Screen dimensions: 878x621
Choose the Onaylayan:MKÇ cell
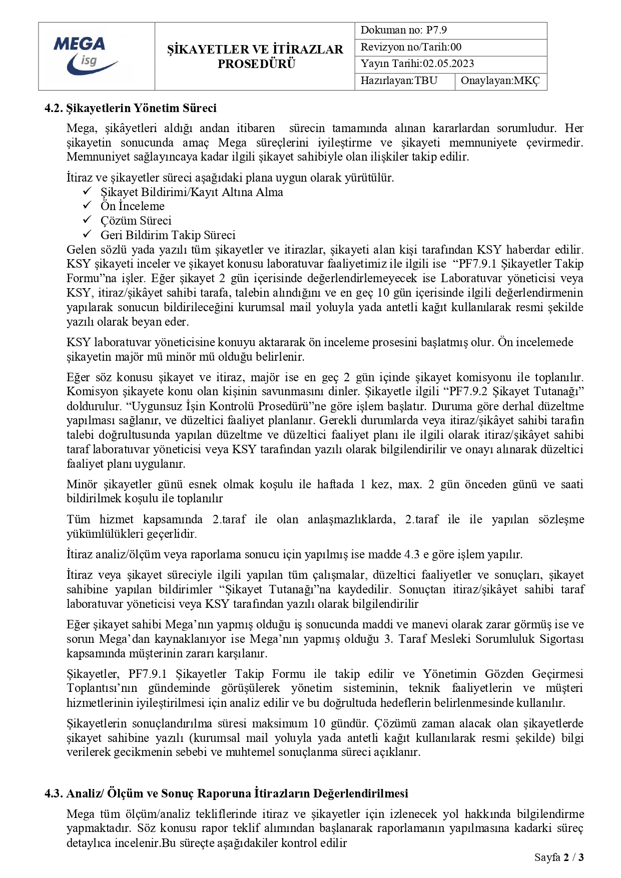(500, 81)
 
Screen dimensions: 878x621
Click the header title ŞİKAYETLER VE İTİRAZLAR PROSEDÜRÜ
(255, 57)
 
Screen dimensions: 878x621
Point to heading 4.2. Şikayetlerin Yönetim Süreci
(131, 109)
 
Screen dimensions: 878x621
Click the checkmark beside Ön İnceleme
(87, 206)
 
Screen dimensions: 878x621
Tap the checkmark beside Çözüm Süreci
(87, 220)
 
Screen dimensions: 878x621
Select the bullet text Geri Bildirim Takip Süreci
(168, 235)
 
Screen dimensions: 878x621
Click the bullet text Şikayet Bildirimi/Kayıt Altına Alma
(192, 192)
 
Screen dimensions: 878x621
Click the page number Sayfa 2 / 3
(558, 857)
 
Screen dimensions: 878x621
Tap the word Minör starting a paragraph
(82, 484)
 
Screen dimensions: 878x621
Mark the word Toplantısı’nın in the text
(102, 688)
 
